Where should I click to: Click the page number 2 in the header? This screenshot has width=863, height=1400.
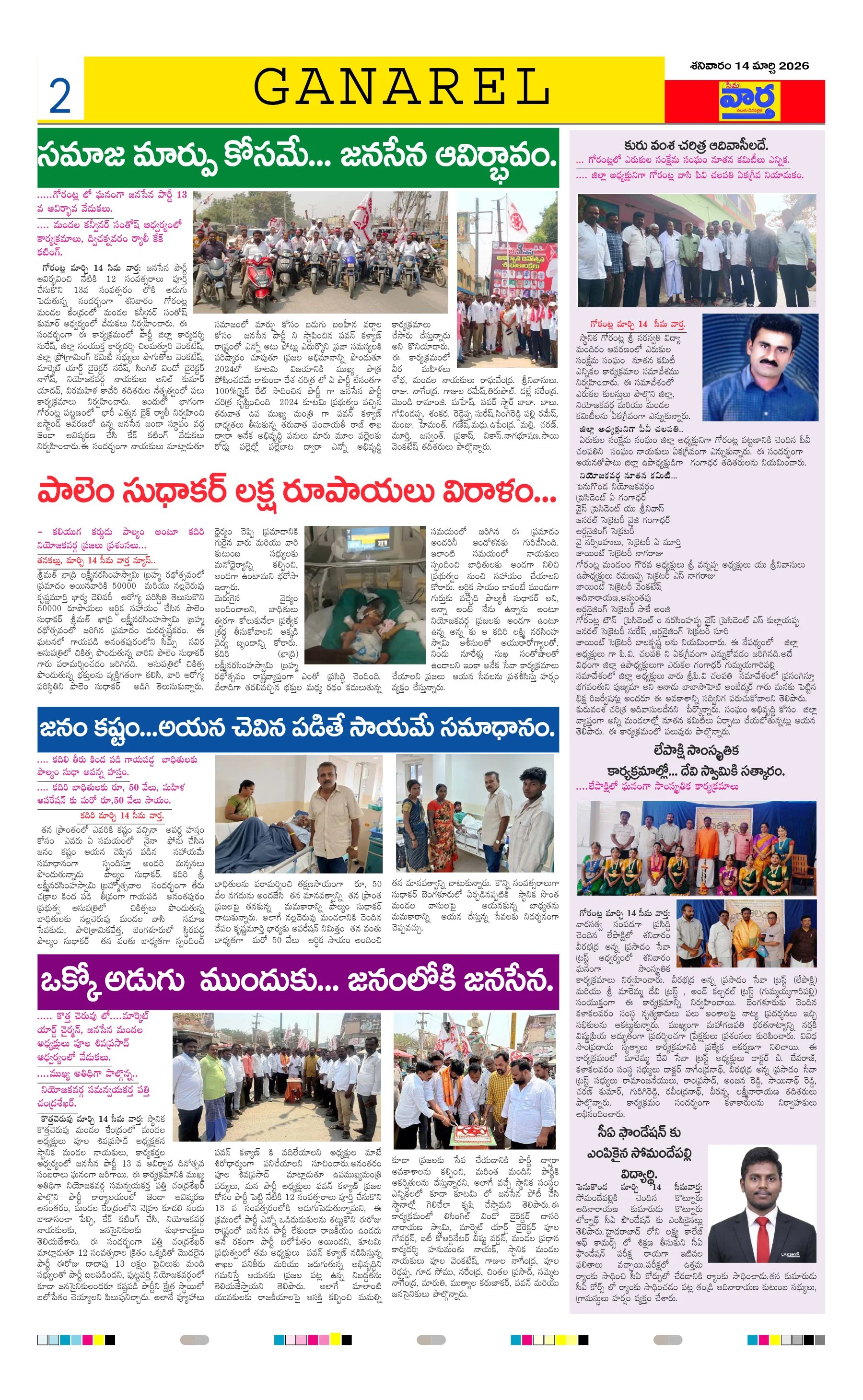pyautogui.click(x=60, y=96)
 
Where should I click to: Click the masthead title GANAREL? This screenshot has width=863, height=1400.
pyautogui.click(x=401, y=87)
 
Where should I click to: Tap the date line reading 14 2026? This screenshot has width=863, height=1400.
pyautogui.click(x=749, y=66)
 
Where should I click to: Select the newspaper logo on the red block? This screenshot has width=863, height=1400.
pyautogui.click(x=749, y=101)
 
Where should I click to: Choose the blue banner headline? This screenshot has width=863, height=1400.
pyautogui.click(x=298, y=729)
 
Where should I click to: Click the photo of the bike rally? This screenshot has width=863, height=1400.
pyautogui.click(x=320, y=252)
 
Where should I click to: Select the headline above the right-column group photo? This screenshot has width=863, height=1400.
pyautogui.click(x=696, y=146)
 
